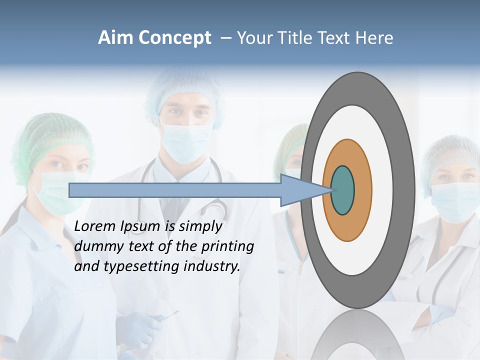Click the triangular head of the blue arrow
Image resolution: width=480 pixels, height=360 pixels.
point(300,190)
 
